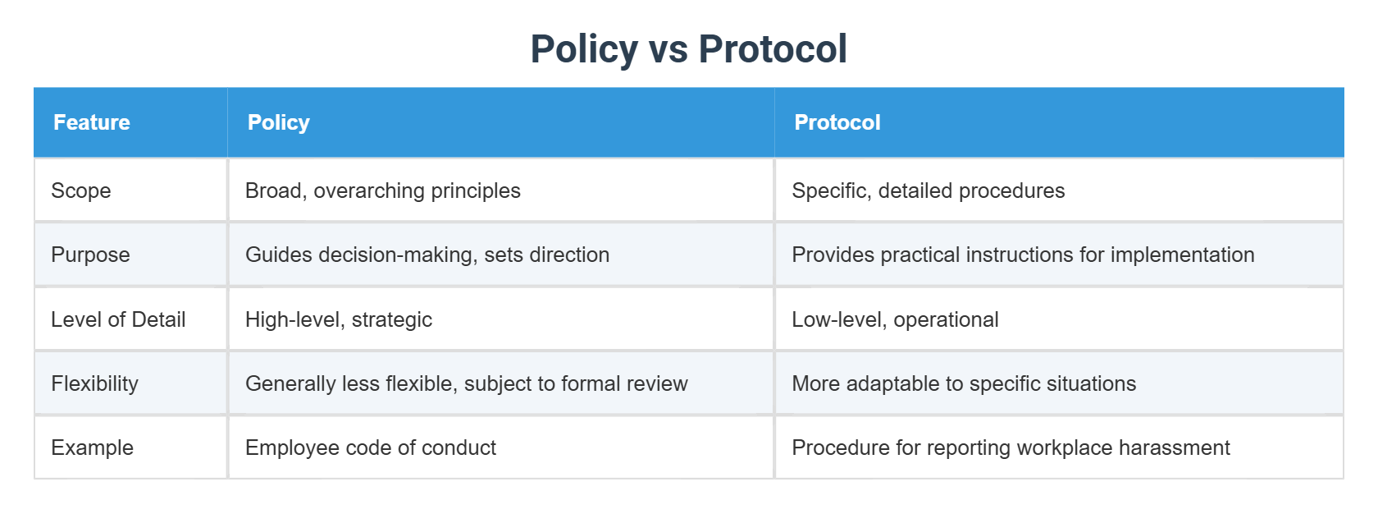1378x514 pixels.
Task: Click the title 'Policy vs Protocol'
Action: [x=688, y=49]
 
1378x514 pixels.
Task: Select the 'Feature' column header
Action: [x=92, y=122]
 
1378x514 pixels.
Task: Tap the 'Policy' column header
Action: [x=279, y=122]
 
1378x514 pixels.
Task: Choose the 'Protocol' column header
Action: [x=837, y=122]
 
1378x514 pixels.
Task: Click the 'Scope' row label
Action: [x=81, y=190]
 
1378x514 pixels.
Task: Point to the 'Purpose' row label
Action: [x=90, y=255]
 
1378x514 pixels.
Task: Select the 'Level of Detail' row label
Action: [x=118, y=319]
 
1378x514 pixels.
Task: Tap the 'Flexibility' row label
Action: [x=94, y=383]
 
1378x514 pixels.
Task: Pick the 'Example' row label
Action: [x=92, y=447]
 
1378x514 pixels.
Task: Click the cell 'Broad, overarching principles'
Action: [x=383, y=190]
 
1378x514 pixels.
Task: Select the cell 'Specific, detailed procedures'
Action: [x=929, y=190]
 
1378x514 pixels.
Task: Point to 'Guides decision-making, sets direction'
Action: [x=427, y=255]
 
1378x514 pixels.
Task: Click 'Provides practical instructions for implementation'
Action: [x=1023, y=255]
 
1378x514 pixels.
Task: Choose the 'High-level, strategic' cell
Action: [x=339, y=319]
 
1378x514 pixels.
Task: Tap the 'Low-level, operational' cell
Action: [x=895, y=319]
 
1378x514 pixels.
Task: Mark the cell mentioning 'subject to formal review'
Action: [x=467, y=383]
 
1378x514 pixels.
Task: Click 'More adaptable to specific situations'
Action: [x=964, y=383]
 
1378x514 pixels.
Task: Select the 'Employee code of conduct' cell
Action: [x=371, y=447]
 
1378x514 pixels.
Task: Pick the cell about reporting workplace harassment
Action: [x=1011, y=447]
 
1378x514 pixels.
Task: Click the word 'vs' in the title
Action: [x=668, y=50]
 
